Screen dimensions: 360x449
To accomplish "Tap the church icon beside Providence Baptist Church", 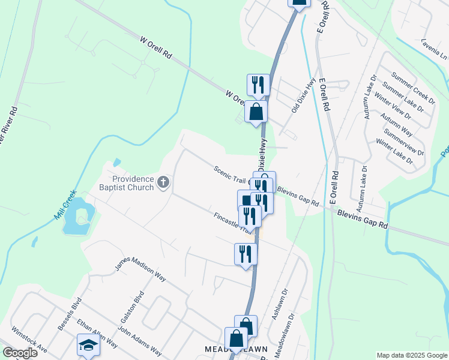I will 163,182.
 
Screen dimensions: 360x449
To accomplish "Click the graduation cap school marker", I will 88,346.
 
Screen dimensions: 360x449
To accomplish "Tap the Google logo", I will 20,353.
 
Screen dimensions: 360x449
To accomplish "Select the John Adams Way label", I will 139,341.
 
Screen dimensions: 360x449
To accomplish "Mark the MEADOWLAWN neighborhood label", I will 235,349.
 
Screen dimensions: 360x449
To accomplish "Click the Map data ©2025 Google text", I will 412,355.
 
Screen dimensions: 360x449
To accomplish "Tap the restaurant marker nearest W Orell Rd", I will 258,85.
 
